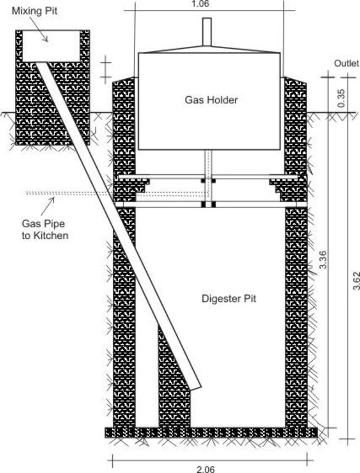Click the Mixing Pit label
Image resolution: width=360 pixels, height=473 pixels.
coord(35,11)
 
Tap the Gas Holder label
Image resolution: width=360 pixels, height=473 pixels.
coord(211,100)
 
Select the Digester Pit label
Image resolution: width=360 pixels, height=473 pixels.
coord(229,299)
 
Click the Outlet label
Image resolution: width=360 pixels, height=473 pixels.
coord(346,63)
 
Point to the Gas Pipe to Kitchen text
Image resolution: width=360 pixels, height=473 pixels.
coord(45,230)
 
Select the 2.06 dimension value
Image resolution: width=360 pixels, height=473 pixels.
coord(206,469)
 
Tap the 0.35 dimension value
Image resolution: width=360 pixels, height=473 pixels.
coord(342,98)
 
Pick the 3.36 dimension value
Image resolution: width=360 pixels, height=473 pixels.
coord(323,259)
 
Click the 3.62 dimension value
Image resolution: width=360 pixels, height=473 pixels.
coord(357,281)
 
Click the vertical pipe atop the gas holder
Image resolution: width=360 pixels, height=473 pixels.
coord(207,31)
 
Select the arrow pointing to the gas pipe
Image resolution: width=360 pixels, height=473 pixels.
coord(47,206)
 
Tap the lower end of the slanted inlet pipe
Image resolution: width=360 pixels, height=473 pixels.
coord(195,388)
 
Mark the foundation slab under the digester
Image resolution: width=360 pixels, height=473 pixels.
coord(211,432)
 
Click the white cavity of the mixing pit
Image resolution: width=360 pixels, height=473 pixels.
coord(51,46)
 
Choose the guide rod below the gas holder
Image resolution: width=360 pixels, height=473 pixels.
coord(208,178)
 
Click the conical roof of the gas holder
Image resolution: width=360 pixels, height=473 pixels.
coord(209,50)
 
